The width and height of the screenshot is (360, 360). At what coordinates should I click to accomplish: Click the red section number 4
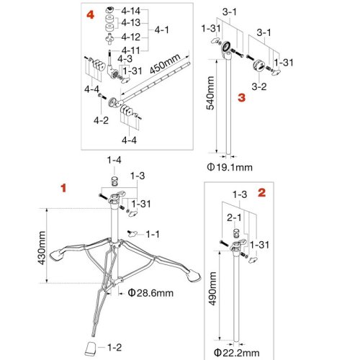click(90, 15)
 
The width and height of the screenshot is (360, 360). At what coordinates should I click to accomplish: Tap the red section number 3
click(242, 97)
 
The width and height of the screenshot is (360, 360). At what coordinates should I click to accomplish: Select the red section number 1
click(63, 188)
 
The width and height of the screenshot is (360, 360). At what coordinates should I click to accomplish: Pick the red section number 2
click(262, 193)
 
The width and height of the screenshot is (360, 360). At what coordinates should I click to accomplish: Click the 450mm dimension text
click(165, 63)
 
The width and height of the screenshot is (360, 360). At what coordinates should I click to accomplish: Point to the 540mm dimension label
click(210, 93)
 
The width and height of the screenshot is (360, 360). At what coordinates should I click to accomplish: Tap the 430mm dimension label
click(41, 248)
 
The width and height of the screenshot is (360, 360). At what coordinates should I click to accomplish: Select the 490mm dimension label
click(212, 289)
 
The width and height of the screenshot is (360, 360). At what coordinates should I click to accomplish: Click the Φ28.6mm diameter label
click(150, 293)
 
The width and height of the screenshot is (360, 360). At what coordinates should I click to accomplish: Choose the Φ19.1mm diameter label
click(230, 167)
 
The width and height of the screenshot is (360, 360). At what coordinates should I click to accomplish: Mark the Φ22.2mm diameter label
click(237, 353)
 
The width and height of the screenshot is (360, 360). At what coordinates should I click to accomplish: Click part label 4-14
click(130, 11)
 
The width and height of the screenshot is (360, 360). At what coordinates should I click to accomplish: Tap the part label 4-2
click(101, 120)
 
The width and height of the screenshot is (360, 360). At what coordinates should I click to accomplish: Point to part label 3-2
click(259, 86)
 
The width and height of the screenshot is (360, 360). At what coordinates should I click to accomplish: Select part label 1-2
click(114, 347)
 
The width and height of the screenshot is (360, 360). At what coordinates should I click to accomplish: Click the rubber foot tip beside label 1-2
click(91, 348)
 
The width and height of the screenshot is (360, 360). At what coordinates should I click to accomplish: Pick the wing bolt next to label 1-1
click(132, 233)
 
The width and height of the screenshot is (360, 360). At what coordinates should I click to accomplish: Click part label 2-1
click(234, 217)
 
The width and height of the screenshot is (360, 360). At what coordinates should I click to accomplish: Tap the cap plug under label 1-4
click(114, 181)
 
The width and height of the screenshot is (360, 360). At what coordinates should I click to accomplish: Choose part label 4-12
click(130, 37)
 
